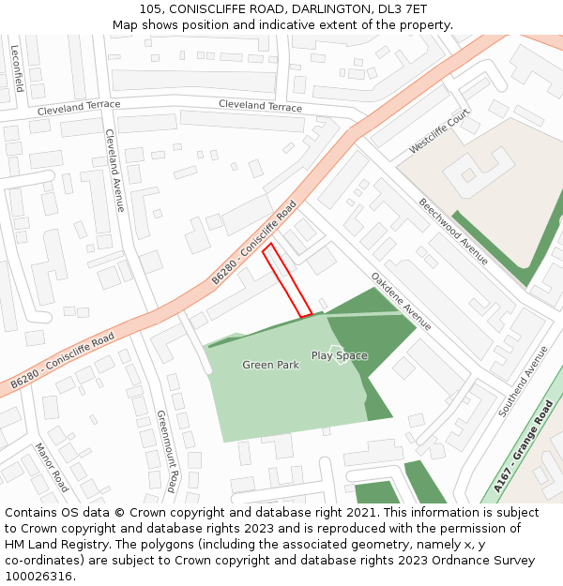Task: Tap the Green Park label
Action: click(x=270, y=365)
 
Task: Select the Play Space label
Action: click(x=340, y=356)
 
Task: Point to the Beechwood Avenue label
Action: click(x=453, y=231)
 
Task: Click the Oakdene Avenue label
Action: click(x=401, y=301)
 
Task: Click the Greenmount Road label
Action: click(x=166, y=450)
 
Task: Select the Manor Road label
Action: click(x=52, y=467)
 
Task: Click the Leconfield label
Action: click(x=17, y=68)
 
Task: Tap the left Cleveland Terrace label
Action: click(x=79, y=109)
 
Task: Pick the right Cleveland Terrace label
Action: click(x=260, y=106)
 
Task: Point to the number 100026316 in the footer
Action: click(x=40, y=576)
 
